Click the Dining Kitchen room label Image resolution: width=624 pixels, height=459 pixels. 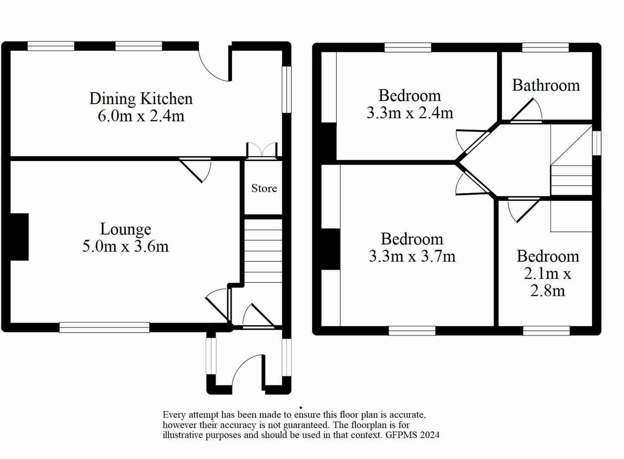pyautogui.click(x=141, y=99)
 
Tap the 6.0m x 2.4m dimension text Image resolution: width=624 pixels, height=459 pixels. pyautogui.click(x=141, y=116)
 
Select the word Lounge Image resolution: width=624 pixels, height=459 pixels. pyautogui.click(x=126, y=230)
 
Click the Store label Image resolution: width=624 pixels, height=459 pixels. pyautogui.click(x=264, y=188)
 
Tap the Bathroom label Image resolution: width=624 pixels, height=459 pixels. pyautogui.click(x=546, y=85)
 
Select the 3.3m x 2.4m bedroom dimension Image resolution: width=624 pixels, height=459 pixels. pyautogui.click(x=410, y=113)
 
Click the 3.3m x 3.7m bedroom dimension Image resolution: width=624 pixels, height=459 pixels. pyautogui.click(x=412, y=256)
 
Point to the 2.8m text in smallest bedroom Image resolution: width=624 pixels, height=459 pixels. pyautogui.click(x=548, y=291)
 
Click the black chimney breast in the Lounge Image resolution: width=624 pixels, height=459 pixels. pyautogui.click(x=19, y=237)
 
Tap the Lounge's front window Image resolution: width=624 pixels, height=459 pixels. pyautogui.click(x=104, y=327)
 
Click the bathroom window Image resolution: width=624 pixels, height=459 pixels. pyautogui.click(x=545, y=47)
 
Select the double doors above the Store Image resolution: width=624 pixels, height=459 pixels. pyautogui.click(x=262, y=151)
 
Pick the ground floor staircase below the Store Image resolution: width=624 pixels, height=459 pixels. pyautogui.click(x=263, y=251)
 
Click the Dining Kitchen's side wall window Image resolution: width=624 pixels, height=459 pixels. pyautogui.click(x=286, y=90)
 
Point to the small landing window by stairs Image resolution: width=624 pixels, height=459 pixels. pyautogui.click(x=597, y=143)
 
